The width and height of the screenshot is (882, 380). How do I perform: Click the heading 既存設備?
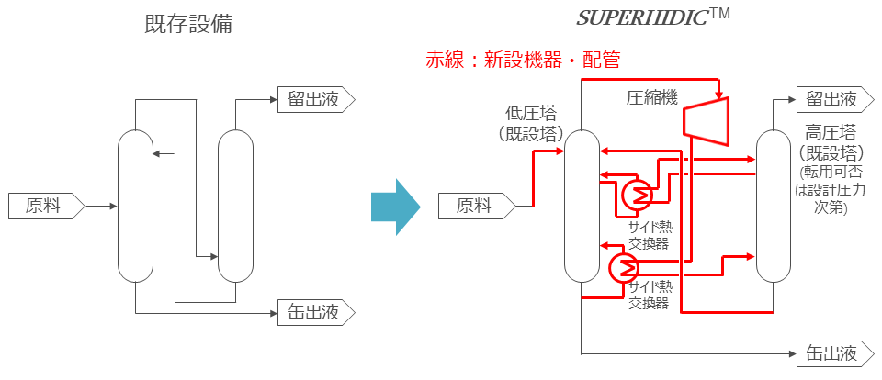click(188, 25)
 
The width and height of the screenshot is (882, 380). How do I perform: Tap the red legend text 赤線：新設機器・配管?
click(522, 61)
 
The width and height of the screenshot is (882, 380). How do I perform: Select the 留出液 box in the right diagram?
click(830, 99)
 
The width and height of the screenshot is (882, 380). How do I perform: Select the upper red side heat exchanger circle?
click(636, 193)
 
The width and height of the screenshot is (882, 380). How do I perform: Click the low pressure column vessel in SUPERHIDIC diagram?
click(582, 206)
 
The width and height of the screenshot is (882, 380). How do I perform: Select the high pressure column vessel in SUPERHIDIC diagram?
click(773, 206)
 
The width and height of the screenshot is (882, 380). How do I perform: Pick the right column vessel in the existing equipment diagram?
click(234, 206)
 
